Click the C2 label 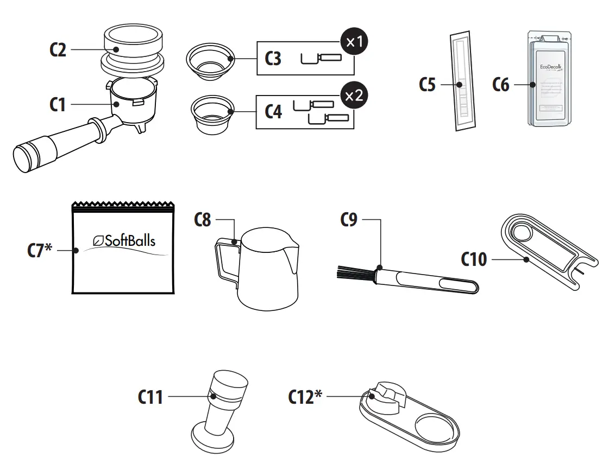click(58, 50)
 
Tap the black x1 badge click(354, 43)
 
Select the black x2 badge click(354, 96)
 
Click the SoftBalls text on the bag click(124, 240)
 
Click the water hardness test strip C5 click(461, 82)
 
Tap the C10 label click(474, 259)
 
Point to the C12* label click(304, 397)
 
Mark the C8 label click(203, 221)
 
